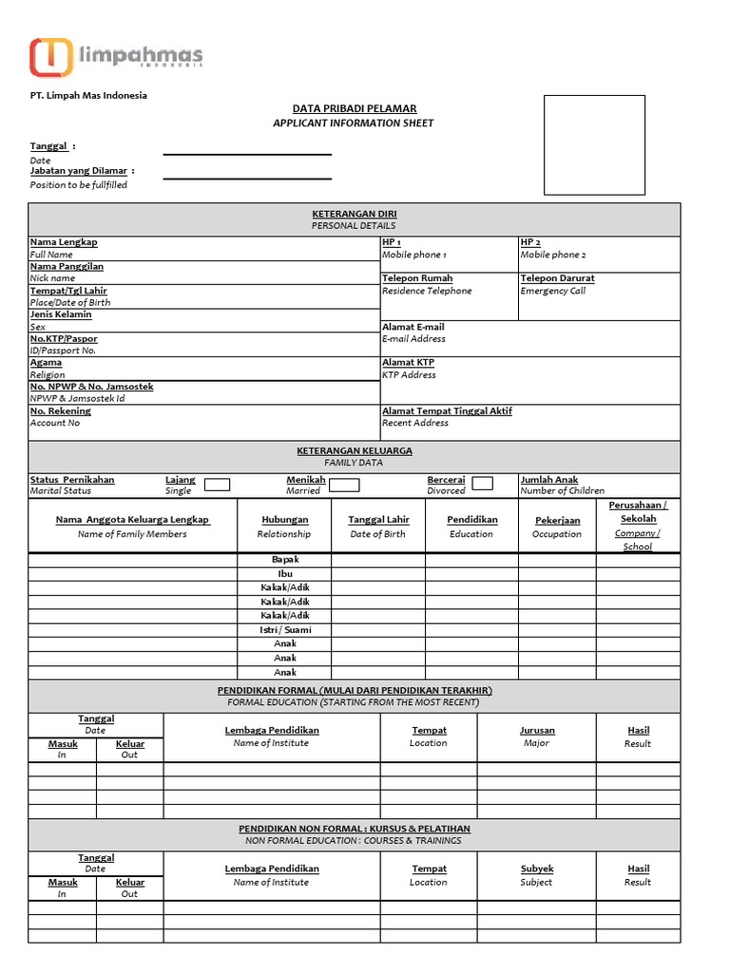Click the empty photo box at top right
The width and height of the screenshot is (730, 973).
tap(594, 144)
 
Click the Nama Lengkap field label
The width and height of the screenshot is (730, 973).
tap(64, 242)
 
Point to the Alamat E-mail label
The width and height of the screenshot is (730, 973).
tap(413, 327)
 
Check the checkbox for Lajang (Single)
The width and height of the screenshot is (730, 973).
tap(218, 485)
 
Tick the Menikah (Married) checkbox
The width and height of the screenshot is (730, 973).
tap(344, 485)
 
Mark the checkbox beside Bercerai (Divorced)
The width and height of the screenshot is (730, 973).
tap(483, 484)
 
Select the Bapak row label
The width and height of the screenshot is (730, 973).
tap(284, 561)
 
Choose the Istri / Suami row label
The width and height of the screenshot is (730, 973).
tap(284, 630)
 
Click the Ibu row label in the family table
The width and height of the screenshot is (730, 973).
tap(284, 574)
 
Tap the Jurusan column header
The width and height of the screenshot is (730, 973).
tap(537, 731)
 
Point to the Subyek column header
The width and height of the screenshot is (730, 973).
tap(537, 868)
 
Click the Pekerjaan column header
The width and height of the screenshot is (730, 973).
tap(557, 521)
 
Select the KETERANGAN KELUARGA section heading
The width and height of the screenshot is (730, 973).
tap(354, 450)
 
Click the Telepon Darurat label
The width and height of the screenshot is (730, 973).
tap(557, 278)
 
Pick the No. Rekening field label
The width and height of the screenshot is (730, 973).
tap(61, 411)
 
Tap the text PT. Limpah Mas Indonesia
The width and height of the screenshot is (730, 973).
tap(88, 96)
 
